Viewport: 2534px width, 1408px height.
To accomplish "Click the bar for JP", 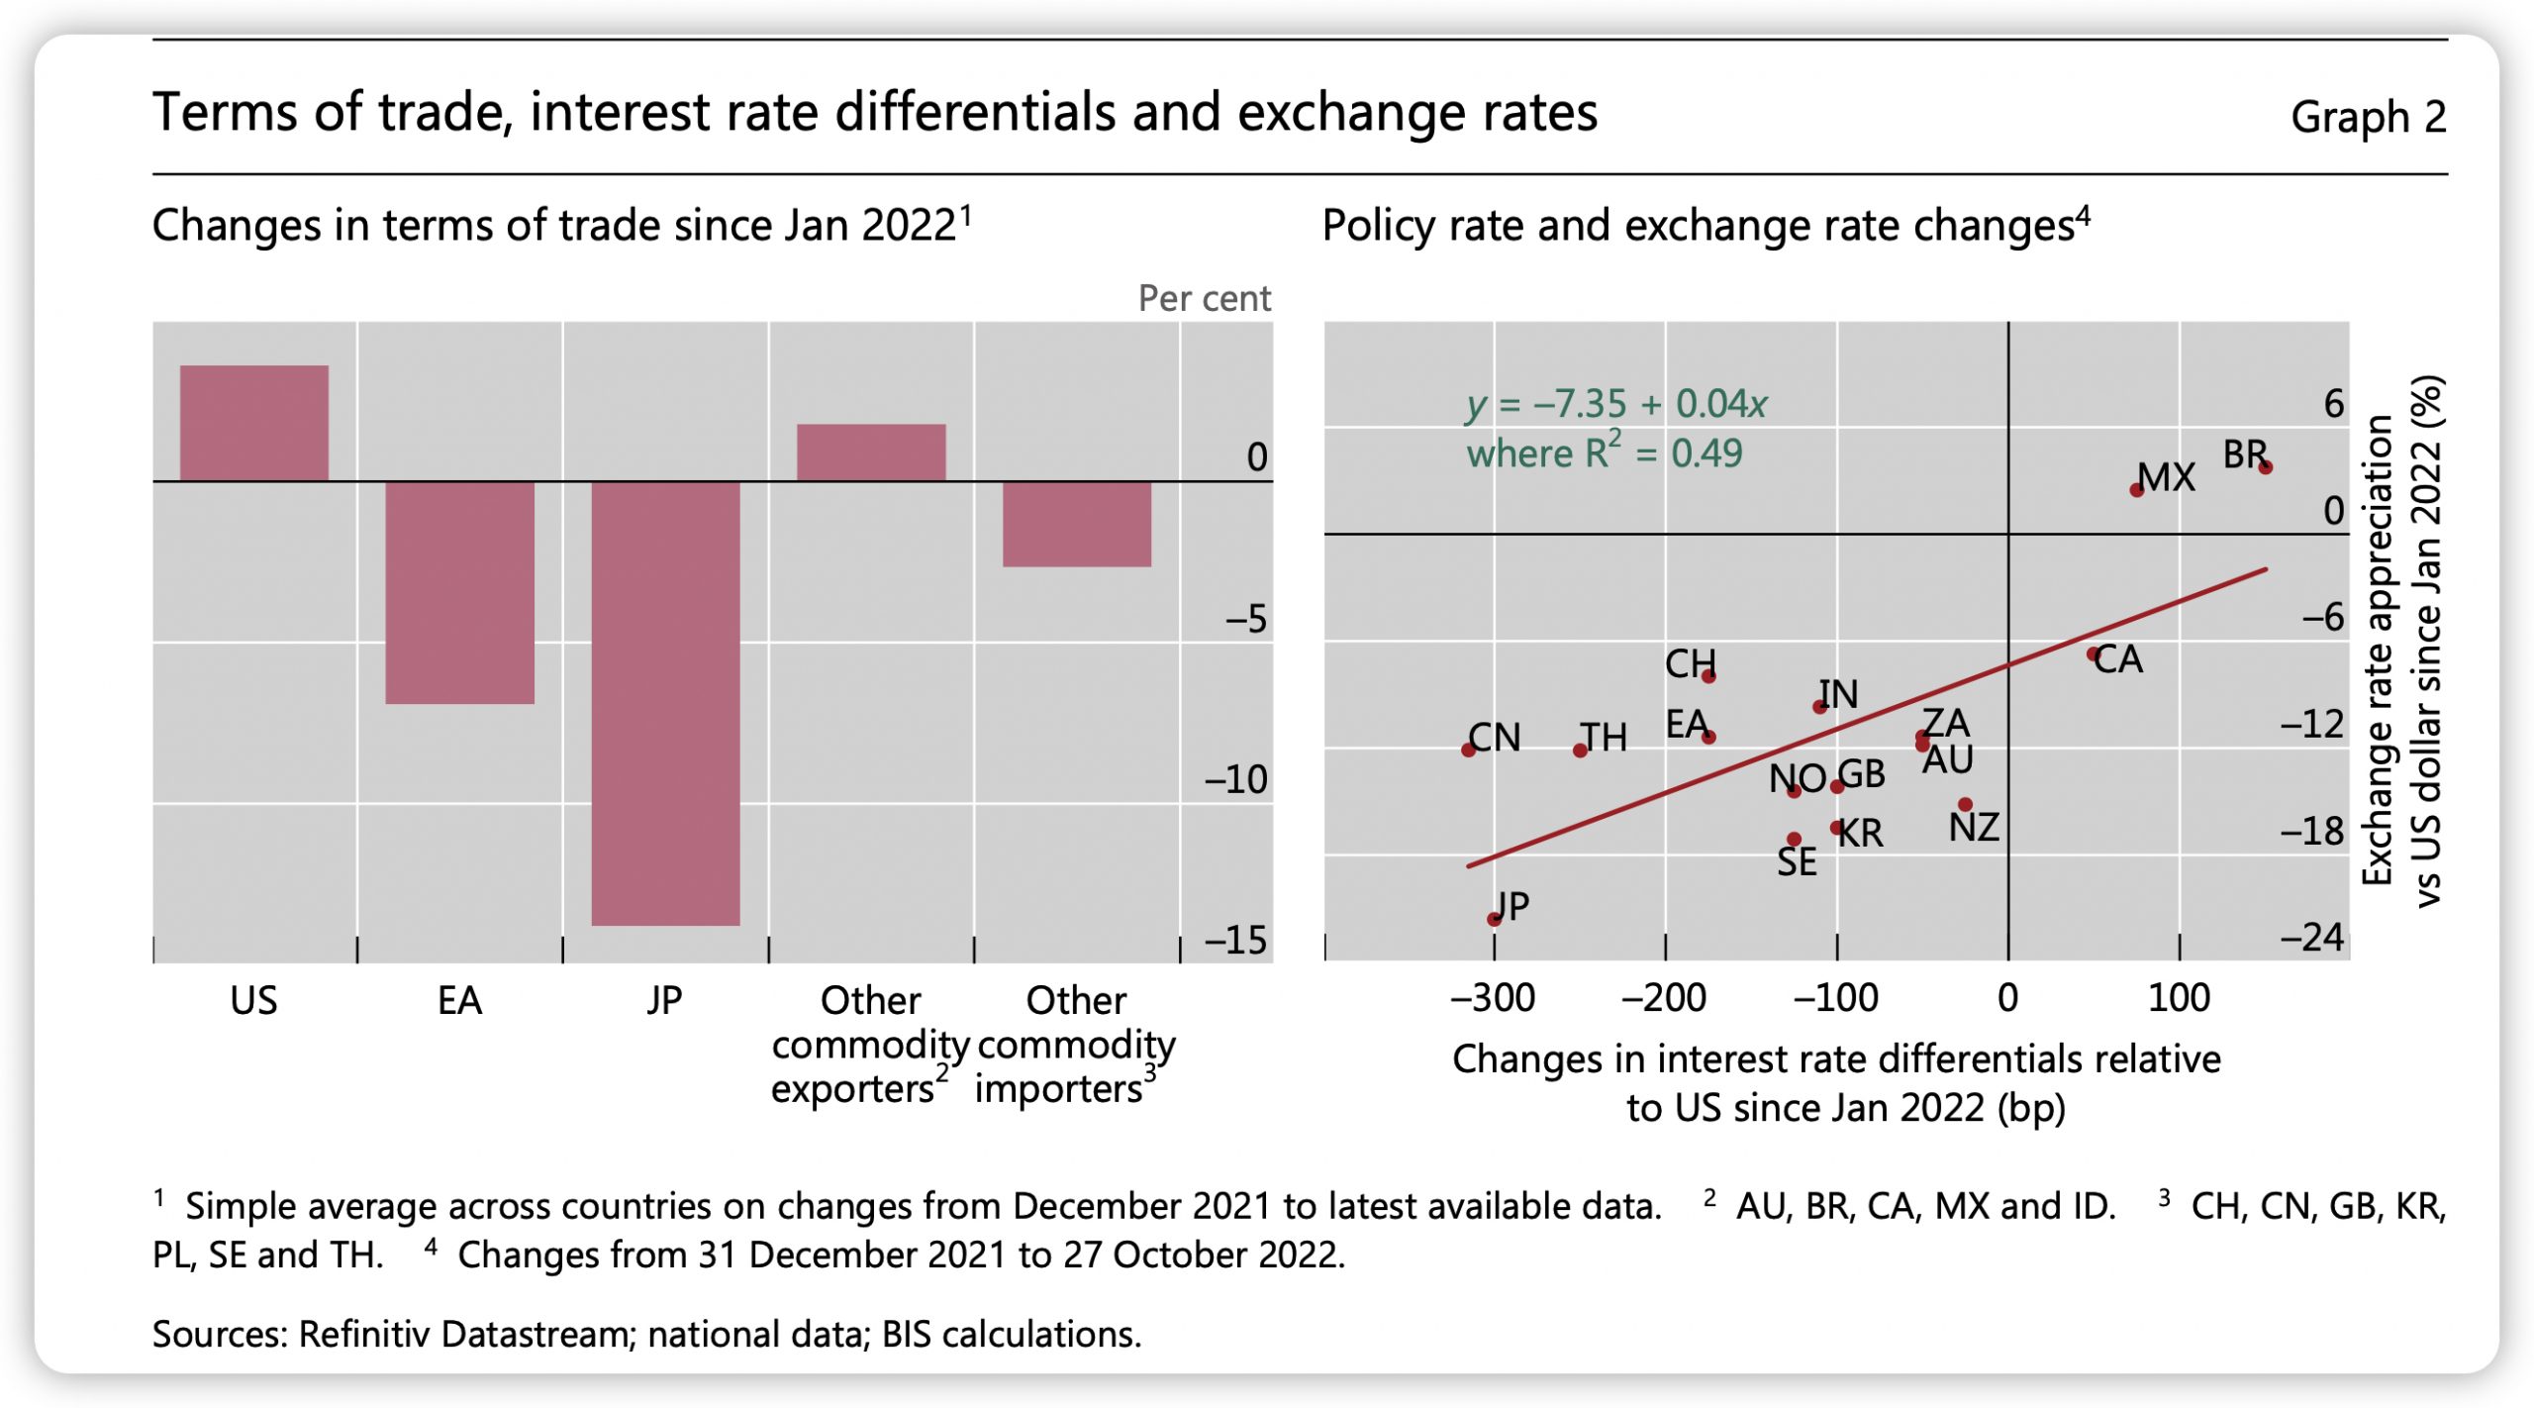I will click(x=665, y=703).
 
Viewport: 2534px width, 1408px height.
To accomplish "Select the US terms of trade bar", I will click(x=253, y=423).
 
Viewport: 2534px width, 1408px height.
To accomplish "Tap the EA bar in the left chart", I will click(x=459, y=592).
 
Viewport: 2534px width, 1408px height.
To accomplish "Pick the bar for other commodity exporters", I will click(x=871, y=453).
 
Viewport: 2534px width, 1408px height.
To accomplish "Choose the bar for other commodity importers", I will click(x=1076, y=524).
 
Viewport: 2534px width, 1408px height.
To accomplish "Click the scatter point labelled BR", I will click(x=2265, y=467).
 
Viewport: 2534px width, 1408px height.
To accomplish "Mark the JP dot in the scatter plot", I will click(x=1494, y=919).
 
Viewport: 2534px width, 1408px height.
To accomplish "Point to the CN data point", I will click(x=1468, y=750).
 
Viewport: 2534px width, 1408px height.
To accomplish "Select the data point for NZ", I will click(x=1965, y=805).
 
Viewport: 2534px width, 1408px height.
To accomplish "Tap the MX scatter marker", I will click(x=2136, y=490).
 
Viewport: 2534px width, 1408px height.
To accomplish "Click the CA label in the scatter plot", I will click(x=2119, y=659).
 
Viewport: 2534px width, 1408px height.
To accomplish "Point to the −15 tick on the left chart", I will click(x=1236, y=940).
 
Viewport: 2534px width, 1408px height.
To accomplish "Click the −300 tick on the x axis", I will click(x=1493, y=997).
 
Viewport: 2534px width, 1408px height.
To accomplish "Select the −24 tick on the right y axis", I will click(x=2312, y=937).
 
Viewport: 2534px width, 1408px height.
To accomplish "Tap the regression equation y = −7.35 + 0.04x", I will click(x=1615, y=404).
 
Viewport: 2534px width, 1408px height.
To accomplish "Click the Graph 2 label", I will click(x=2367, y=117).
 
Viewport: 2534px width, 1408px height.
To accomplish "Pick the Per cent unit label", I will click(x=1204, y=298).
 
